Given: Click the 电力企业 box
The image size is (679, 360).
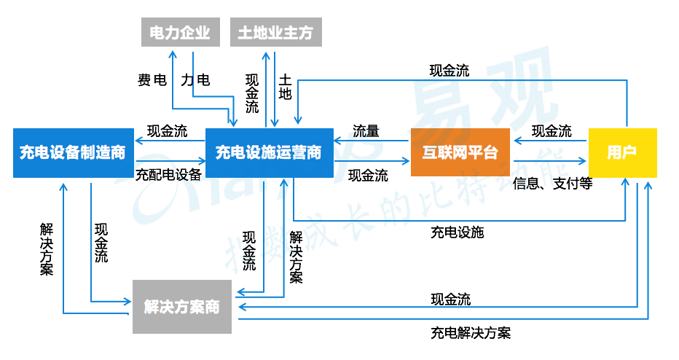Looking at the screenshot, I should [179, 33].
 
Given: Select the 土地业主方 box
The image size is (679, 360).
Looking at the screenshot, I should [275, 33].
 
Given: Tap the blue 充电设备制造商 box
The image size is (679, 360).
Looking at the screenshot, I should [72, 152].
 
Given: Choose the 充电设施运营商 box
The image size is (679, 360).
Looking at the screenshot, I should [269, 152].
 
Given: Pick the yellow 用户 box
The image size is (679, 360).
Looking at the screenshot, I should [622, 152].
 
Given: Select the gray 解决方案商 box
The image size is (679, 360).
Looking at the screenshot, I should [182, 307].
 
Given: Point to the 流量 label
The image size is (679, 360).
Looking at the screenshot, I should [366, 131].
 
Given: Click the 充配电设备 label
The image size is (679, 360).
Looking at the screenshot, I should [168, 174].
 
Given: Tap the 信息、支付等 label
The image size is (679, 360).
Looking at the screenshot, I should [552, 183].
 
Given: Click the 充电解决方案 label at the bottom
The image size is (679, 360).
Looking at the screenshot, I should [471, 333].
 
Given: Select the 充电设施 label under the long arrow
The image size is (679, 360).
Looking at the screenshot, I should [457, 232].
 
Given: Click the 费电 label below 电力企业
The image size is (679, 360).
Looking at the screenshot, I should [152, 80].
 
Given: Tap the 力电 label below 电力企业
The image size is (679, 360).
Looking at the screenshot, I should [195, 80].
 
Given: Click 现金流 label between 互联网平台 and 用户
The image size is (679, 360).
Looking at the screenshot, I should [552, 131].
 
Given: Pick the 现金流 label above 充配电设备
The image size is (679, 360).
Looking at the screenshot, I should [167, 131].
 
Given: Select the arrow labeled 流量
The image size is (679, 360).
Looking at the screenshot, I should [372, 141].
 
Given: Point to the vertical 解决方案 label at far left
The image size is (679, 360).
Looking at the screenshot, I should [47, 249].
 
